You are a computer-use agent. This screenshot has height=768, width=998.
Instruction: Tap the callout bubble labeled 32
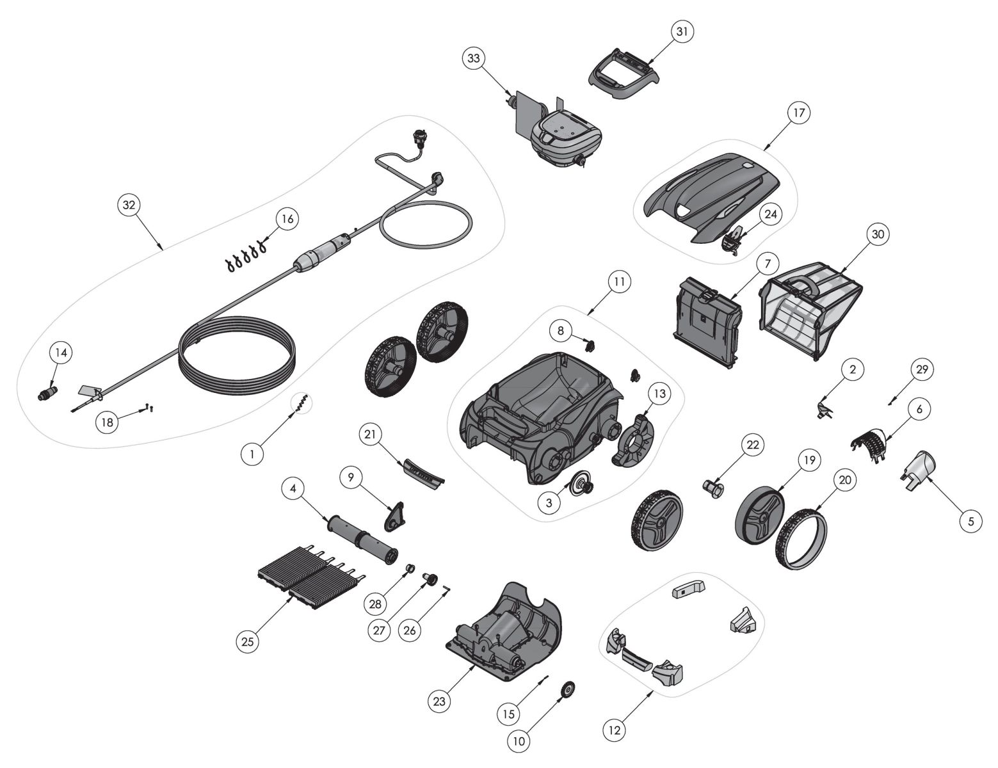coord(129,205)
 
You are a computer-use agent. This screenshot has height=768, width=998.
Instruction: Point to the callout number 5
coord(970,522)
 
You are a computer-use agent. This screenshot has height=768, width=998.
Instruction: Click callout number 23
coord(439,701)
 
